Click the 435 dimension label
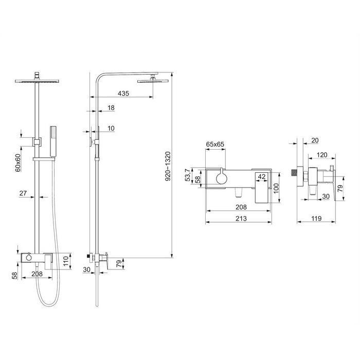click(123, 94)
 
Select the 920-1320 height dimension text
click(168, 166)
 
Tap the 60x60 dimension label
click(18, 163)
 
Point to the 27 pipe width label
click(23, 193)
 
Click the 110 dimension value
click(66, 261)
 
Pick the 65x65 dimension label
click(215, 144)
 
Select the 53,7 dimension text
click(188, 175)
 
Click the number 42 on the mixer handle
click(262, 176)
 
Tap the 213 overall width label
click(241, 218)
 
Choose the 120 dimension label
click(321, 155)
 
